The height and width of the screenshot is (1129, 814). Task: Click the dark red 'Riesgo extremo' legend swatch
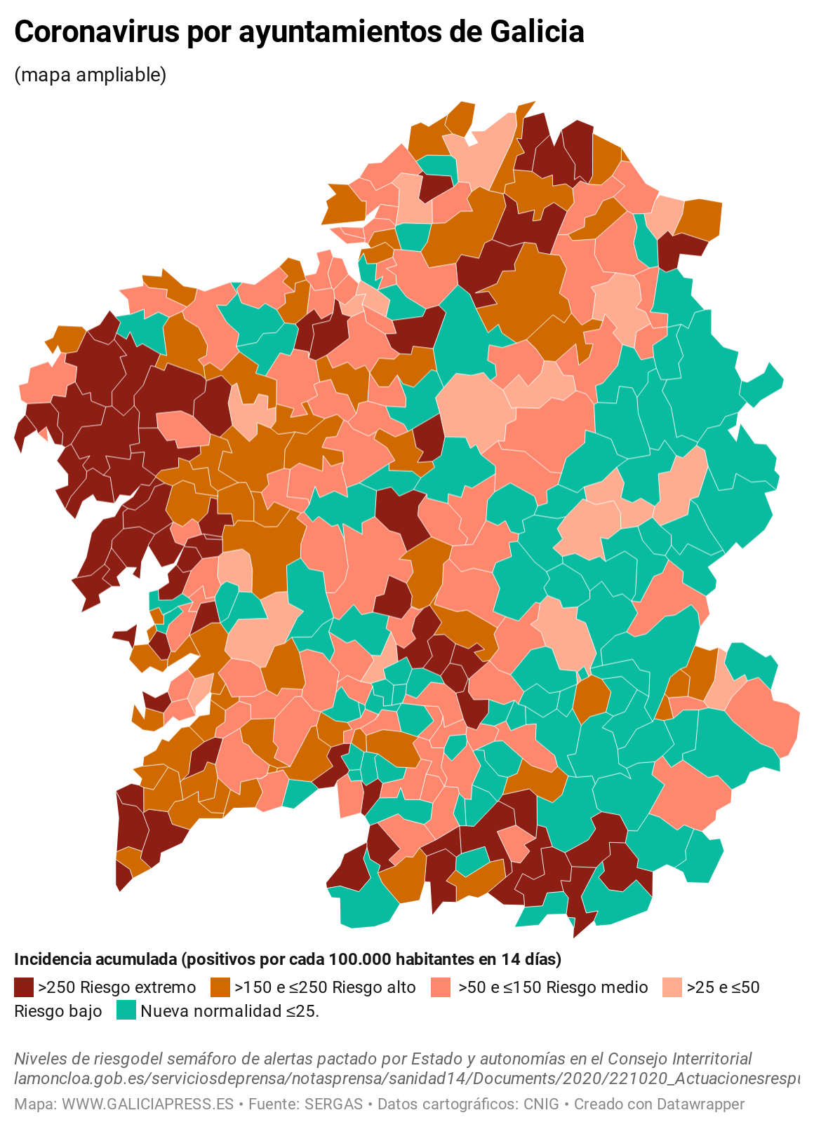[x=24, y=987]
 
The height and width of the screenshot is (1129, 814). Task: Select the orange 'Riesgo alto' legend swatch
[x=220, y=987]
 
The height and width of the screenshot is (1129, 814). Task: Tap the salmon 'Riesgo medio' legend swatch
[x=441, y=987]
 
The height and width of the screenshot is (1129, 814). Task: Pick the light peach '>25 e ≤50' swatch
[x=672, y=987]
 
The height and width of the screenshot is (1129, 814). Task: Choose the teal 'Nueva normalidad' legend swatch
[x=126, y=1010]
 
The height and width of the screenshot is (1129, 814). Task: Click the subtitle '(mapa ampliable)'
[x=91, y=74]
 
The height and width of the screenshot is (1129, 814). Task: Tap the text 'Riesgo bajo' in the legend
[x=58, y=1011]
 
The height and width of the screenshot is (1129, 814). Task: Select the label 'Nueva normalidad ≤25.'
[x=230, y=1011]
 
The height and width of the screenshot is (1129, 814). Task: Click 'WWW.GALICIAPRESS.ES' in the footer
[x=147, y=1104]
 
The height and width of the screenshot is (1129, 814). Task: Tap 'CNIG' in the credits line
[x=541, y=1104]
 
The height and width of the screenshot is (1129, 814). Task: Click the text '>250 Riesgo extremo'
[x=116, y=987]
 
